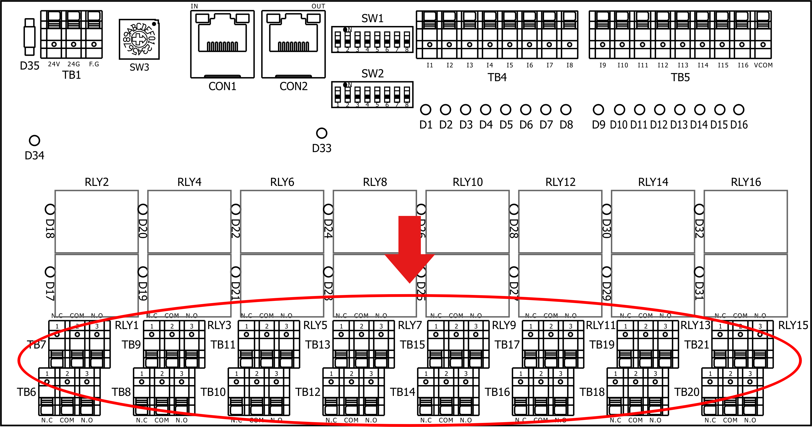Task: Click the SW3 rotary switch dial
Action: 139,39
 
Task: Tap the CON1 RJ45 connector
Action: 222,44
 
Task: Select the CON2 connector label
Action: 293,86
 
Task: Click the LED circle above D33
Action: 322,133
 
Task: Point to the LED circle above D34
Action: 34,140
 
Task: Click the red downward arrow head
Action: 410,268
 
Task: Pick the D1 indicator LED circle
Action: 425,110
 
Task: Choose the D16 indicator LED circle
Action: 739,110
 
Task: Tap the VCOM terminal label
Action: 763,65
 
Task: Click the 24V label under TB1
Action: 54,64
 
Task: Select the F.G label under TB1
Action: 94,64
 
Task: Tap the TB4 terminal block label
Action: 497,77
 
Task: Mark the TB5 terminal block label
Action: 680,77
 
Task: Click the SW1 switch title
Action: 372,19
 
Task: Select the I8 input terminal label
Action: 569,65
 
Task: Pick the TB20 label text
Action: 686,392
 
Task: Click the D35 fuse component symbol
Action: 29,37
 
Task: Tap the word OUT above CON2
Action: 318,6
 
